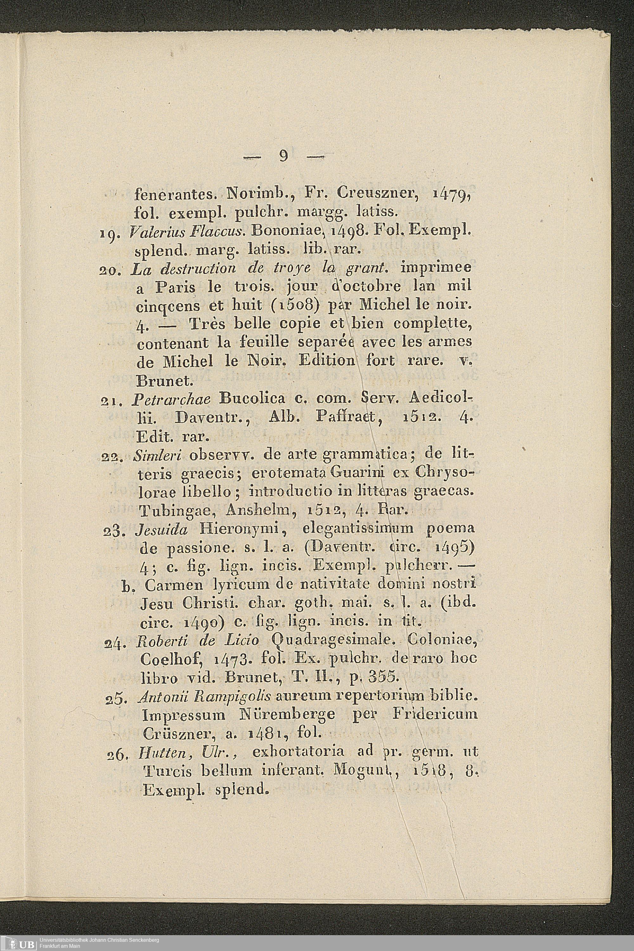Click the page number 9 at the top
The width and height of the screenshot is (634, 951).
[x=283, y=156]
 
